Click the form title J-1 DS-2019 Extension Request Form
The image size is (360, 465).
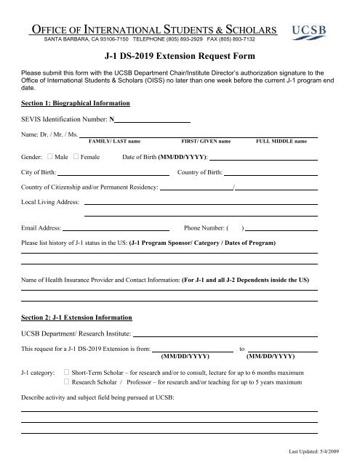click(180, 55)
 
